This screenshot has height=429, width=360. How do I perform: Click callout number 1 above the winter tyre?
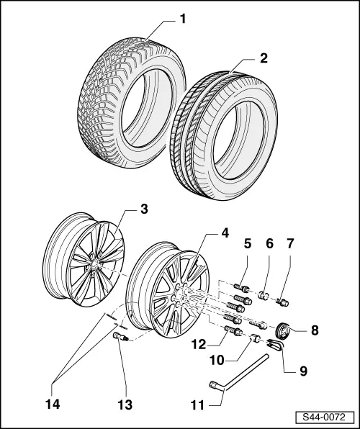click(x=183, y=19)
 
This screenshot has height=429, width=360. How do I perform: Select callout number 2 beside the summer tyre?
click(x=264, y=58)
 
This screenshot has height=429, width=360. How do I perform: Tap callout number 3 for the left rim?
click(x=144, y=209)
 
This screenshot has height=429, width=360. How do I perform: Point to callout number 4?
click(x=225, y=232)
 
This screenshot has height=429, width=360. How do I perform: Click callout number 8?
click(x=315, y=330)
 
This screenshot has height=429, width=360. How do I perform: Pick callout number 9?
click(x=303, y=371)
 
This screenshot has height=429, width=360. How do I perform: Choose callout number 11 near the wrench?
click(x=197, y=405)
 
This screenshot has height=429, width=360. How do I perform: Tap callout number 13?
click(x=125, y=405)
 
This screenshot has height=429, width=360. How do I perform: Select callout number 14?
click(x=53, y=404)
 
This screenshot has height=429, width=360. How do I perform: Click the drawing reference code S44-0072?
click(x=324, y=417)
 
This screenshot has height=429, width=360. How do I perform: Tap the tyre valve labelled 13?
click(x=120, y=336)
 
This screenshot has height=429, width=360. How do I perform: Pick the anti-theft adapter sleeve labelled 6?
click(x=264, y=296)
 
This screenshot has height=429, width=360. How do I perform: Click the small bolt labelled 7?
click(x=283, y=302)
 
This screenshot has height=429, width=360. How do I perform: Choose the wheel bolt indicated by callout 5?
click(x=241, y=288)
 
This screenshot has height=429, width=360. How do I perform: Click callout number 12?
click(x=199, y=345)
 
